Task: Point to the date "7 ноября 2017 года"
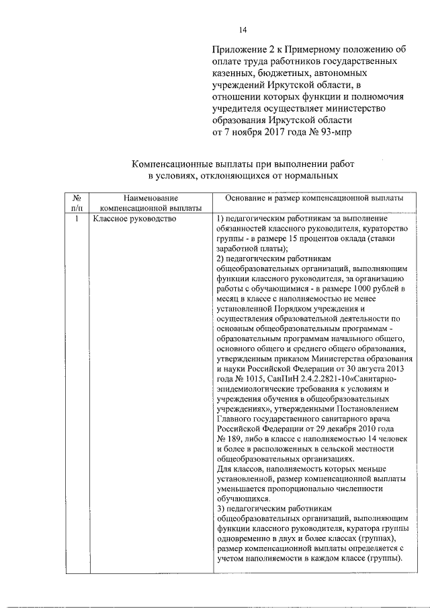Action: [263, 131]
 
